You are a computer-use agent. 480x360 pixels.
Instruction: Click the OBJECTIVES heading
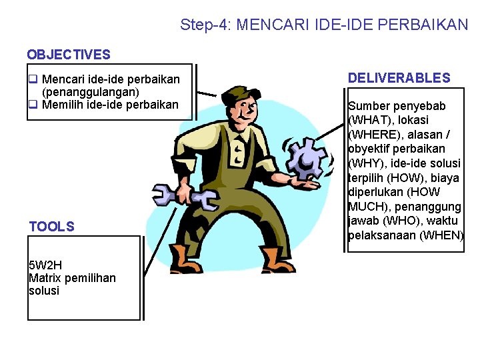point(68,55)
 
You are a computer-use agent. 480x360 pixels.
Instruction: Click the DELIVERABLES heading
point(399,78)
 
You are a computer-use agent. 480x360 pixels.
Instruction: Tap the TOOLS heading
point(52,227)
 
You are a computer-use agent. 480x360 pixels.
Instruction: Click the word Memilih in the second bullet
point(62,105)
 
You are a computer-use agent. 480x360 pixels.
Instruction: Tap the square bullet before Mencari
point(32,80)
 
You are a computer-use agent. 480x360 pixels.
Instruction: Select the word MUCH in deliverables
point(365,206)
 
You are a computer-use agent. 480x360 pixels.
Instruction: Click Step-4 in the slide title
point(204,25)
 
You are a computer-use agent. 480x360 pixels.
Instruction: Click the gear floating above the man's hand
point(307,158)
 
